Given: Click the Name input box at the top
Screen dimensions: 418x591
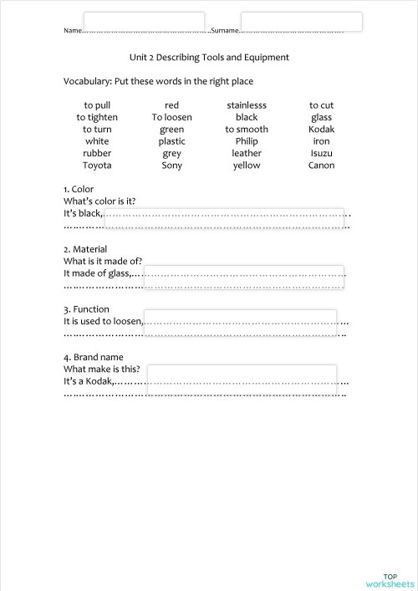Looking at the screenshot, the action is (144, 22).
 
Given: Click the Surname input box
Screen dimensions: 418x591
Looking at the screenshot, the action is (301, 22).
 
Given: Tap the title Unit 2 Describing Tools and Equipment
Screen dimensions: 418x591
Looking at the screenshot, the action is (209, 58).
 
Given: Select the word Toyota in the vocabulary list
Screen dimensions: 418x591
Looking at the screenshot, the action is (97, 166).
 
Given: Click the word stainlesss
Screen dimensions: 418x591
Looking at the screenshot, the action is (247, 105).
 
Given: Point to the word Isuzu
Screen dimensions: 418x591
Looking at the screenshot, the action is (321, 154).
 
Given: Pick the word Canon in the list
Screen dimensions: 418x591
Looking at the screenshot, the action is (321, 166).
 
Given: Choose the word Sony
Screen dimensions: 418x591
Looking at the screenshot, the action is (171, 166).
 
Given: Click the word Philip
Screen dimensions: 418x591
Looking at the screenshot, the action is (247, 141).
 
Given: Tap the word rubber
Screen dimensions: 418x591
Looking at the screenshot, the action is (97, 154).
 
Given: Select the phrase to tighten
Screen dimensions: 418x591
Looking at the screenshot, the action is (97, 118).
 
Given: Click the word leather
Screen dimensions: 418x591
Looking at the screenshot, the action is (247, 154).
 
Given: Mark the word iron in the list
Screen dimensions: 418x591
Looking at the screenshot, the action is (321, 141).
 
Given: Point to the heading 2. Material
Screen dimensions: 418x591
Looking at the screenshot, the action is (85, 249).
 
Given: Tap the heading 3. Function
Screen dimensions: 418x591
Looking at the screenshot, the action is (86, 309).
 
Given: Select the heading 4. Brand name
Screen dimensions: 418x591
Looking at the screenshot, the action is (93, 358).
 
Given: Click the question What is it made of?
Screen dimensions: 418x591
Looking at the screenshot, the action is (102, 261).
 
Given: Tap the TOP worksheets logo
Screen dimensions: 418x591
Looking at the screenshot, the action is (390, 580).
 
